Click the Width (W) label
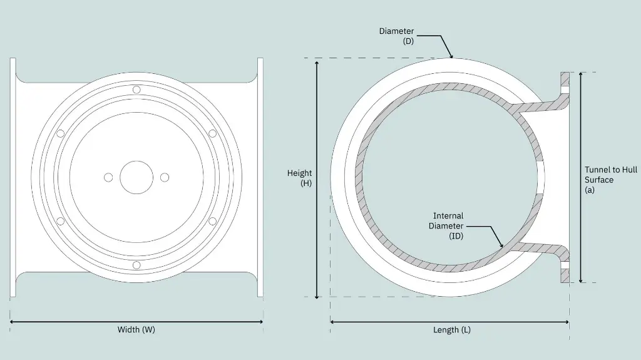(136, 330)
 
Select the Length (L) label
(451, 330)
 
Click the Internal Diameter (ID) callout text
(446, 226)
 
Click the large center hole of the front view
(136, 177)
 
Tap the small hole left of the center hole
(108, 177)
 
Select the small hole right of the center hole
(165, 177)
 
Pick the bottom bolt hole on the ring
(136, 265)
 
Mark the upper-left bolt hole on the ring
(61, 133)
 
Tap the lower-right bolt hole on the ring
(212, 221)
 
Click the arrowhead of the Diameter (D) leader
(451, 56)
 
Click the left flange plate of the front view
(13, 177)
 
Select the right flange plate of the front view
(260, 177)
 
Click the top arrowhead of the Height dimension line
(317, 63)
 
